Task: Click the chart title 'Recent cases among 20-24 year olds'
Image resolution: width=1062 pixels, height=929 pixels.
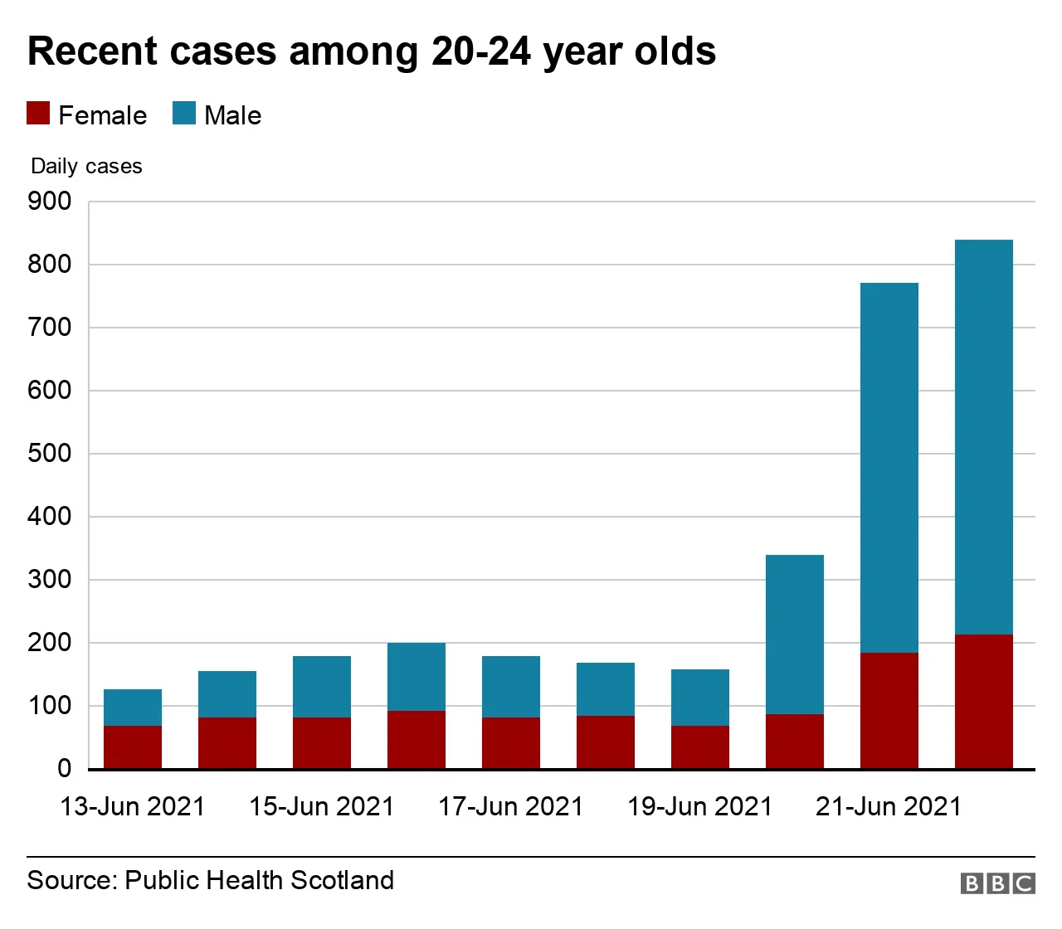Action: pyautogui.click(x=372, y=51)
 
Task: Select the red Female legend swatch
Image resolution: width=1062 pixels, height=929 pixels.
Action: pyautogui.click(x=38, y=114)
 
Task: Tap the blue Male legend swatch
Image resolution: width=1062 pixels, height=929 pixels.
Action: pyautogui.click(x=184, y=114)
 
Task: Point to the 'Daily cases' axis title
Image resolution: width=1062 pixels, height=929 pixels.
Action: pyautogui.click(x=86, y=167)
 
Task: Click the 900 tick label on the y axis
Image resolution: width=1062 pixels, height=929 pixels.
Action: pyautogui.click(x=50, y=202)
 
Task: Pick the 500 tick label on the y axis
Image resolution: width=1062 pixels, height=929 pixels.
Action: pyautogui.click(x=50, y=454)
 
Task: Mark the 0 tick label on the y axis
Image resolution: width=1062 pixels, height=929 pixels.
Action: pyautogui.click(x=64, y=769)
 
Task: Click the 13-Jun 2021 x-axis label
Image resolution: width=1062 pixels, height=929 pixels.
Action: pyautogui.click(x=133, y=806)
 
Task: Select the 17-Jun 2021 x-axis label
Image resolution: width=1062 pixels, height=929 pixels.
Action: pyautogui.click(x=511, y=806)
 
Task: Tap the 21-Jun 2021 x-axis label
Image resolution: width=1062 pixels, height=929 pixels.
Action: pyautogui.click(x=889, y=806)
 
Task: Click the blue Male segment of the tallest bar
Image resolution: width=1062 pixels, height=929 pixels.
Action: pyautogui.click(x=984, y=437)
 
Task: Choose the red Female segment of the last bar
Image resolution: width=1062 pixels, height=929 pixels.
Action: pyautogui.click(x=984, y=702)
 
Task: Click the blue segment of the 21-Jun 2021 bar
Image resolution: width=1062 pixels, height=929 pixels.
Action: pyautogui.click(x=889, y=468)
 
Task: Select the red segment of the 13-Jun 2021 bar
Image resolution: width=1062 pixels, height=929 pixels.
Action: pyautogui.click(x=133, y=747)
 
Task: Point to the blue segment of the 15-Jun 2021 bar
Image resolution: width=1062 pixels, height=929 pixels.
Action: pyautogui.click(x=322, y=687)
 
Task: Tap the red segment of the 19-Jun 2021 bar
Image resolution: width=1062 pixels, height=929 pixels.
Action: pyautogui.click(x=700, y=747)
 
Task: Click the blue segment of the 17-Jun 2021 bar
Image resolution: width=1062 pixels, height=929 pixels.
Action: pyautogui.click(x=511, y=687)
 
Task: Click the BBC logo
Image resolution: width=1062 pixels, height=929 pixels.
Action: pyautogui.click(x=997, y=883)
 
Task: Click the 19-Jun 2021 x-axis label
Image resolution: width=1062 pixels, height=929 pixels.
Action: pyautogui.click(x=700, y=806)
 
